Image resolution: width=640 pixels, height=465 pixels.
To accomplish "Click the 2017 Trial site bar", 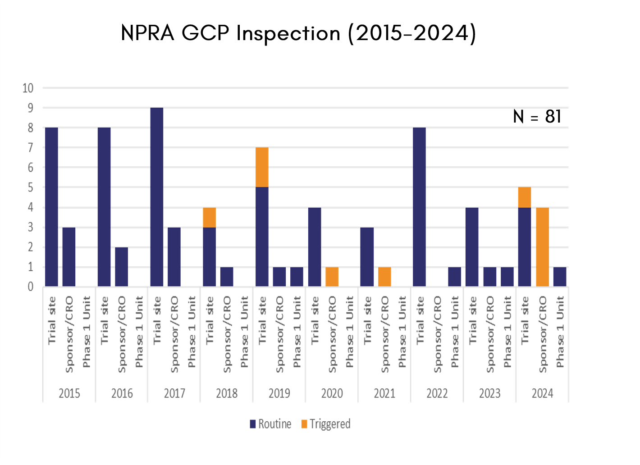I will (157, 197).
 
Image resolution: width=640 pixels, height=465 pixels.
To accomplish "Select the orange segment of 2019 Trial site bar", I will (262, 167).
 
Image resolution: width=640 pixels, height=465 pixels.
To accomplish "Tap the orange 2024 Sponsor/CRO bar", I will (542, 247).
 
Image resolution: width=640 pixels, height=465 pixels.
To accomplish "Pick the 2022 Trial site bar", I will (420, 207).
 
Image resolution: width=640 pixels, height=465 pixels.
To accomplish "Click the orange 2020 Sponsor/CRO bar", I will (332, 277).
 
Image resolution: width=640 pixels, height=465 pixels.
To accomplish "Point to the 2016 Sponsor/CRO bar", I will (122, 267).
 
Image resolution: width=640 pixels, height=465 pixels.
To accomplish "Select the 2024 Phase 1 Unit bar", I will (560, 277).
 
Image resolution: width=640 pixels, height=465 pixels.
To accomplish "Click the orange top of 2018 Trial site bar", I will (210, 217).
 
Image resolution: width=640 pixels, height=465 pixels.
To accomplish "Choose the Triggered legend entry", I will (325, 424).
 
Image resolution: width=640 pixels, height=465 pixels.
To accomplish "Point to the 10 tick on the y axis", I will (28, 88).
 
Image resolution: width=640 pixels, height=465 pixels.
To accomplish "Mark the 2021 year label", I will (384, 393).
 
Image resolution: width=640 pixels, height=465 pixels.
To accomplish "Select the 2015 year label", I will (69, 393).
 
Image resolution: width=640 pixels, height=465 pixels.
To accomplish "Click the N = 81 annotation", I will (537, 117).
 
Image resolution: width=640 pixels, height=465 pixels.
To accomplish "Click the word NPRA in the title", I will (147, 34).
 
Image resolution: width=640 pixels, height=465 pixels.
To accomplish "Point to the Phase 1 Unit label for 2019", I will (297, 332).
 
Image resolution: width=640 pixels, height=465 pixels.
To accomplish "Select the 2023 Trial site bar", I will (472, 247).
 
